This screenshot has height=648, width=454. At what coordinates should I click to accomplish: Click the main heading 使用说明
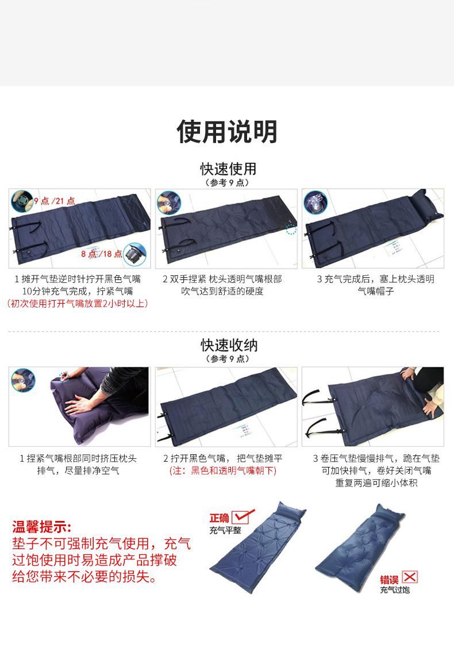point(227,132)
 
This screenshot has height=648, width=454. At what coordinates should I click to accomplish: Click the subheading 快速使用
point(229,168)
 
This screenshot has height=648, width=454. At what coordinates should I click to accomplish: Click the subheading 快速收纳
point(229,345)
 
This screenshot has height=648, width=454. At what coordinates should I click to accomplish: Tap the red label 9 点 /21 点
point(55,201)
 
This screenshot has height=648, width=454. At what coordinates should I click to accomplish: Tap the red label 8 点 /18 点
point(101,254)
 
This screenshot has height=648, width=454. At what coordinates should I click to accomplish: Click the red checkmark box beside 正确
point(243,516)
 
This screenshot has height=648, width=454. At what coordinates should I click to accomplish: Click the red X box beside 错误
point(410,577)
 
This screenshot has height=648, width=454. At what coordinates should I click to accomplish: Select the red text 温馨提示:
point(42,527)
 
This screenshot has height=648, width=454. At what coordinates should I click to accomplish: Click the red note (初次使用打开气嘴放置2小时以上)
point(78,304)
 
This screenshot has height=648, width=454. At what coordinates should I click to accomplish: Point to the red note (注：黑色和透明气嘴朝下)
point(223,471)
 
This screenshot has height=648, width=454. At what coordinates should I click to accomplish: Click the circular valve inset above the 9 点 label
point(22,201)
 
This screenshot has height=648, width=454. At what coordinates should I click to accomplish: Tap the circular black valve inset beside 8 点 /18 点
point(134,254)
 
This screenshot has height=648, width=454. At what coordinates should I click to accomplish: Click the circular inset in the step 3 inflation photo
point(316,202)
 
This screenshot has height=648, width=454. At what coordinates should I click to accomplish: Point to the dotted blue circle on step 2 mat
point(291,228)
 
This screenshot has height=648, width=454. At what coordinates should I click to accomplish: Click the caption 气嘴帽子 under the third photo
point(376,292)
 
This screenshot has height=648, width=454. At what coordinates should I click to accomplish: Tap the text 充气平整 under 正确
point(225,530)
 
